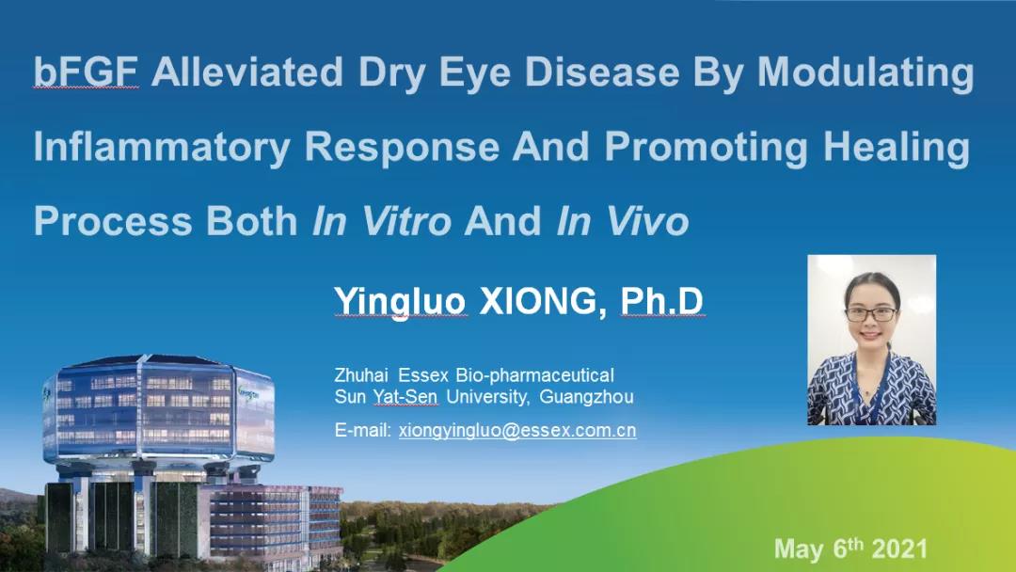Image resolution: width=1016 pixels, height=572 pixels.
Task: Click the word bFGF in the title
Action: pyautogui.click(x=86, y=71)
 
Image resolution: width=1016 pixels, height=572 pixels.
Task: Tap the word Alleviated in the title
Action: pyautogui.click(x=246, y=71)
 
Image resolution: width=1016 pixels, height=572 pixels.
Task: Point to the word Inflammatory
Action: pyautogui.click(x=162, y=148)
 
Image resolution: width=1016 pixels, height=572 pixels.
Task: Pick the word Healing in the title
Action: pyautogui.click(x=897, y=148)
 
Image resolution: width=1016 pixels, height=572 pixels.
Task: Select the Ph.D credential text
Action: pyautogui.click(x=662, y=301)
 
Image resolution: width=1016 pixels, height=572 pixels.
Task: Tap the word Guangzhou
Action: pyautogui.click(x=586, y=396)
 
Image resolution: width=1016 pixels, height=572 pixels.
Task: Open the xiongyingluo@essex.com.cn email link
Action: pyautogui.click(x=517, y=430)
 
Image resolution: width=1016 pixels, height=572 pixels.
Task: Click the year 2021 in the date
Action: pyautogui.click(x=899, y=549)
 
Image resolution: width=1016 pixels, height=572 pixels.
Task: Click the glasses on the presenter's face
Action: pyautogui.click(x=872, y=314)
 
